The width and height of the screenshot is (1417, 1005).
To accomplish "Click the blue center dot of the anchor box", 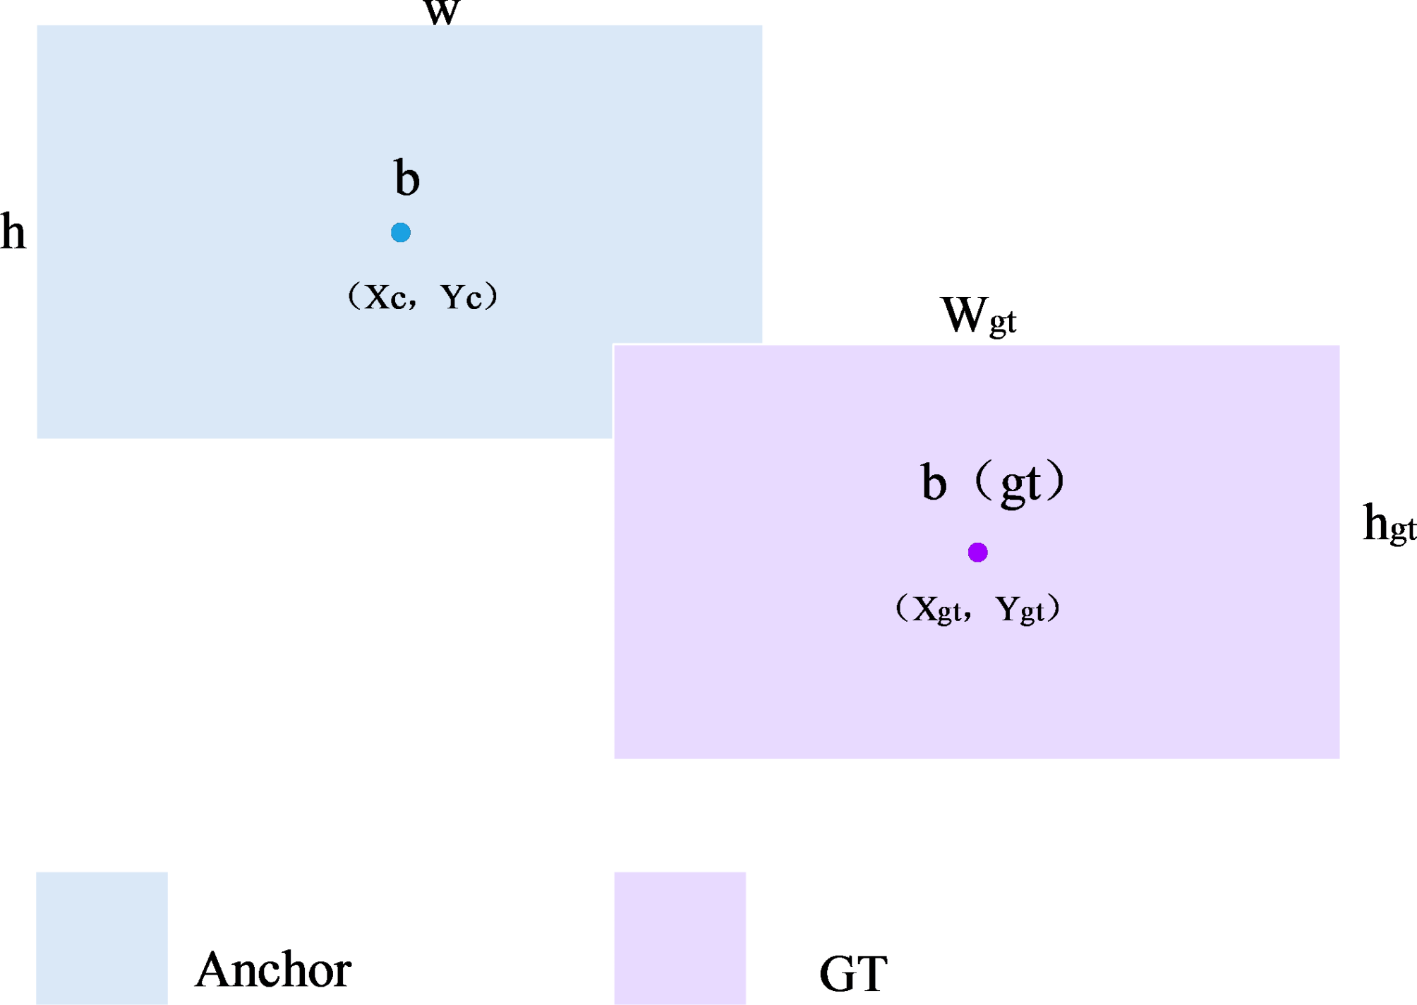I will click(401, 232).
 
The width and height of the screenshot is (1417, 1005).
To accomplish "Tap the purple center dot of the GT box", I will click(977, 552).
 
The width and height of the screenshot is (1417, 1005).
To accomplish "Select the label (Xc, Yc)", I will click(423, 296).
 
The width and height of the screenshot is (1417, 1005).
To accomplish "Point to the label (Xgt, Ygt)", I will click(977, 608).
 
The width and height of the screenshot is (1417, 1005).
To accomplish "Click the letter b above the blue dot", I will click(407, 178).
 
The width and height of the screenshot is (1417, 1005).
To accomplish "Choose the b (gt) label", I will click(993, 483).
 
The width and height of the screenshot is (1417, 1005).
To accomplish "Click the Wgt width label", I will click(978, 315).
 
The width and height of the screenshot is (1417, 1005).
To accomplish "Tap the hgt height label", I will click(1388, 524).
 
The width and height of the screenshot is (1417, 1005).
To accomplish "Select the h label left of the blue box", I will click(13, 232).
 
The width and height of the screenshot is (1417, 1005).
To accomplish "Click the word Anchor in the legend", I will click(273, 970).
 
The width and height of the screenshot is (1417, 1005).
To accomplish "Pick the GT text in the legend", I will click(853, 974).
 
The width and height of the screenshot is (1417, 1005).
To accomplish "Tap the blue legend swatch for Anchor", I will click(102, 938).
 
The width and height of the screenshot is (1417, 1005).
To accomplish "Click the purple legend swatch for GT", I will click(680, 938).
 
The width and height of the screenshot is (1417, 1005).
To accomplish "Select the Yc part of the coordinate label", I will click(462, 297).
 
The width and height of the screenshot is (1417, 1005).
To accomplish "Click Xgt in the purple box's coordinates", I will click(936, 609).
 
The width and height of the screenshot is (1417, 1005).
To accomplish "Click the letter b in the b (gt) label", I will click(934, 483).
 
